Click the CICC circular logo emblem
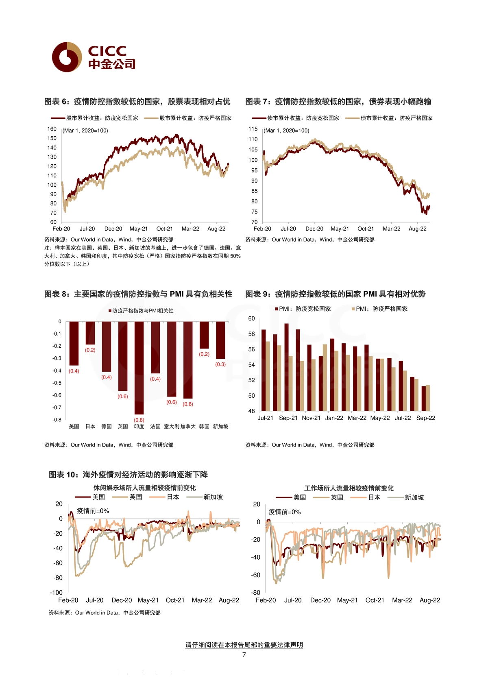(x=67, y=57)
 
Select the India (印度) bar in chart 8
(x=139, y=368)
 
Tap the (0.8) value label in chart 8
(x=139, y=420)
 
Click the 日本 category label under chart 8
(x=90, y=426)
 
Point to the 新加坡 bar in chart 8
(x=220, y=340)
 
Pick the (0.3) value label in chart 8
(x=220, y=364)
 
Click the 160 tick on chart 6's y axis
(x=52, y=129)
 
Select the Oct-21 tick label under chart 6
(x=164, y=229)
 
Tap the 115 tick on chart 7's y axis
(x=253, y=129)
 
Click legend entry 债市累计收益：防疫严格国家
(x=389, y=118)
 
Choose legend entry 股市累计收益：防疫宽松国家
(x=94, y=118)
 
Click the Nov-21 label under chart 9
(x=311, y=418)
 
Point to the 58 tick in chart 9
(x=252, y=334)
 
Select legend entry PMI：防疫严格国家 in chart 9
(x=380, y=309)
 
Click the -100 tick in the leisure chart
(x=56, y=592)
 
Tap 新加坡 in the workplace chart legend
(x=414, y=497)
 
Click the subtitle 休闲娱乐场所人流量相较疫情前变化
(x=145, y=488)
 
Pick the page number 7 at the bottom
(x=244, y=655)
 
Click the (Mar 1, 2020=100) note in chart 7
(x=286, y=131)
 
